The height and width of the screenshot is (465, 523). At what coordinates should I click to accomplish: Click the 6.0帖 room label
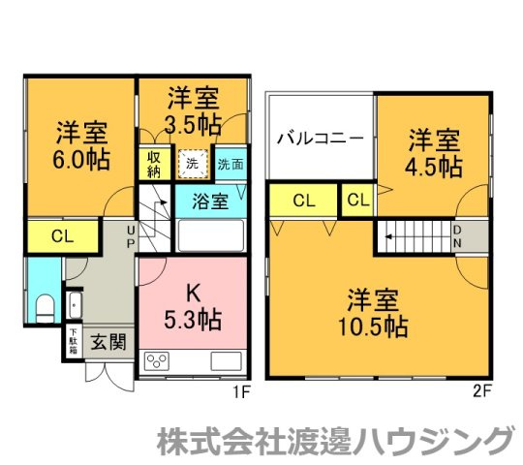(81, 143)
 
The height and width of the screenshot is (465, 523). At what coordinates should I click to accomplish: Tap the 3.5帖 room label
(193, 110)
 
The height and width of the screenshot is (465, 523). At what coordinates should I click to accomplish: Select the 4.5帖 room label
(432, 152)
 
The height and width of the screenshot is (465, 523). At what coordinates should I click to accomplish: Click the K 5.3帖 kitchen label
(192, 305)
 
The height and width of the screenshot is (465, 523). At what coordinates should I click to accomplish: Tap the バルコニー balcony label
(321, 138)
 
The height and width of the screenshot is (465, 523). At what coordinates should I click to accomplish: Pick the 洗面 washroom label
(231, 165)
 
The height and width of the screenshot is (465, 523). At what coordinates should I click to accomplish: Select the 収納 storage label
(154, 164)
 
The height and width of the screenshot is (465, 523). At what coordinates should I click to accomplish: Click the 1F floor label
(242, 394)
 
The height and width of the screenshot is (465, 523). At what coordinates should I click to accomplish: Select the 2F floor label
(485, 394)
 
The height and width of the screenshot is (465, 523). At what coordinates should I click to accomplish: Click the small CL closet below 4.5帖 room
(357, 201)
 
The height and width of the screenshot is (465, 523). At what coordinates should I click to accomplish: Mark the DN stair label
(458, 235)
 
